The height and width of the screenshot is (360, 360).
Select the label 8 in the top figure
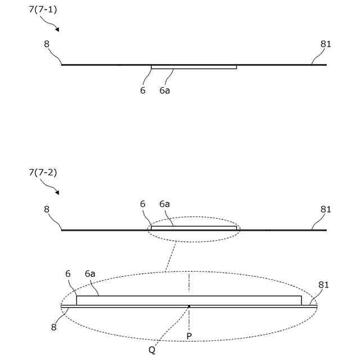coord(47,42)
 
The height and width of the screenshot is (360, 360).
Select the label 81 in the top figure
coord(326,42)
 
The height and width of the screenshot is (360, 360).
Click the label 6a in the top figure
coord(165,90)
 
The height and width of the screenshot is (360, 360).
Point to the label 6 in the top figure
coord(143,90)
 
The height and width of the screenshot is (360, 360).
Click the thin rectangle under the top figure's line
coord(193,67)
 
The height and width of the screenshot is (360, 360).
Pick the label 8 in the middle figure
coord(47,209)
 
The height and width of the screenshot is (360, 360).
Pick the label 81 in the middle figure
coord(326,209)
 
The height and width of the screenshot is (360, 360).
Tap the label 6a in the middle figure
coord(165,204)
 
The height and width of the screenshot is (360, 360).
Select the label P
coord(190,335)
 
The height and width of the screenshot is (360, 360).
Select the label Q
coord(152,349)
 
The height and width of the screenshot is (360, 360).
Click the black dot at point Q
coord(190,307)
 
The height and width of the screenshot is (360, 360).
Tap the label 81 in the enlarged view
coord(323,285)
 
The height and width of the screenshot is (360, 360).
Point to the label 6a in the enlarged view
coord(90,274)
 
